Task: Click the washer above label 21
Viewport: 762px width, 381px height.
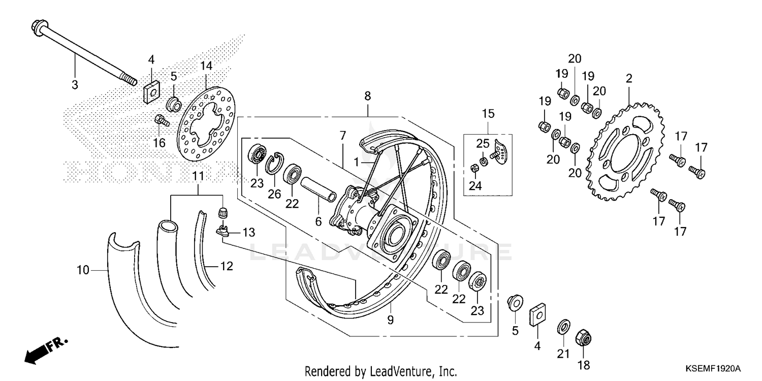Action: click(563, 326)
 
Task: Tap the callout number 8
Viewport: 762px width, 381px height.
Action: click(367, 96)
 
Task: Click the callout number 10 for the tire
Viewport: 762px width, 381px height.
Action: click(83, 271)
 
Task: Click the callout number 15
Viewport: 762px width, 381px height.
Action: click(488, 113)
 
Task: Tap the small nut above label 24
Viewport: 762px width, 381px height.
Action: click(473, 168)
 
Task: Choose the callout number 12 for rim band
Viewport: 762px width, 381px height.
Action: click(227, 266)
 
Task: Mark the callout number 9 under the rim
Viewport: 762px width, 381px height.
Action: click(390, 320)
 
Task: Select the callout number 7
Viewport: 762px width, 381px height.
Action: click(343, 136)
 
